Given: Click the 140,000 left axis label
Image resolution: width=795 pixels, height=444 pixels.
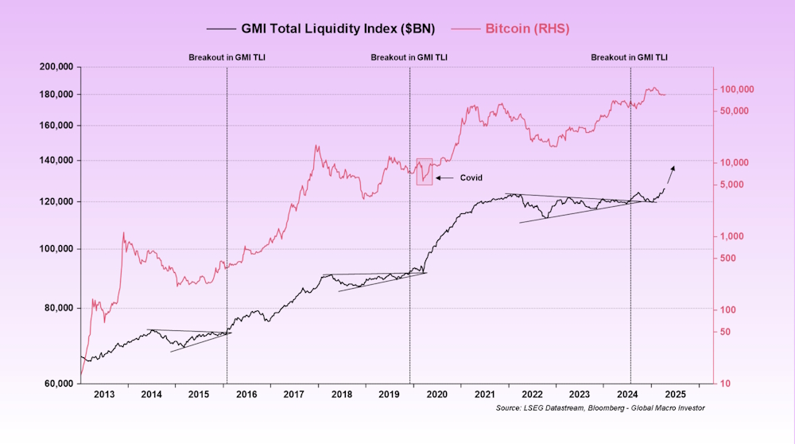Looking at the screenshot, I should (56, 161).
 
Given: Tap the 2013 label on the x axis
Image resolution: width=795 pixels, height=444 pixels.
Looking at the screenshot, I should (103, 394).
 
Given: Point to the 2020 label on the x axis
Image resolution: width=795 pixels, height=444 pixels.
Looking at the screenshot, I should (436, 394).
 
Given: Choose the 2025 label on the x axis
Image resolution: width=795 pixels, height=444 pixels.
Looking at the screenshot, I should (675, 394).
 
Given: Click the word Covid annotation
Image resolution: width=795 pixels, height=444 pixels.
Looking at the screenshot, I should (471, 177).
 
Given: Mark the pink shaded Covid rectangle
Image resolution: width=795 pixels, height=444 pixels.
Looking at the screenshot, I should (425, 172).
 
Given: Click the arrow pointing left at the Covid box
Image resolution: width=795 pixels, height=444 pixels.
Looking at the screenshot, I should (444, 177).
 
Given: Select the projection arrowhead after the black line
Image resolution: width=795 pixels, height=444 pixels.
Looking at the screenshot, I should (673, 168).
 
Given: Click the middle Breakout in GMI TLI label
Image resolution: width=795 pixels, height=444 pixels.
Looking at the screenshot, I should (409, 58).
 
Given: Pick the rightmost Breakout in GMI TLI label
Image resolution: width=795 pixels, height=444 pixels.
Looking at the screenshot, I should (629, 58).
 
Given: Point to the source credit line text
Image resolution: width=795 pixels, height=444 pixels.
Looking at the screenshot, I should (599, 408).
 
